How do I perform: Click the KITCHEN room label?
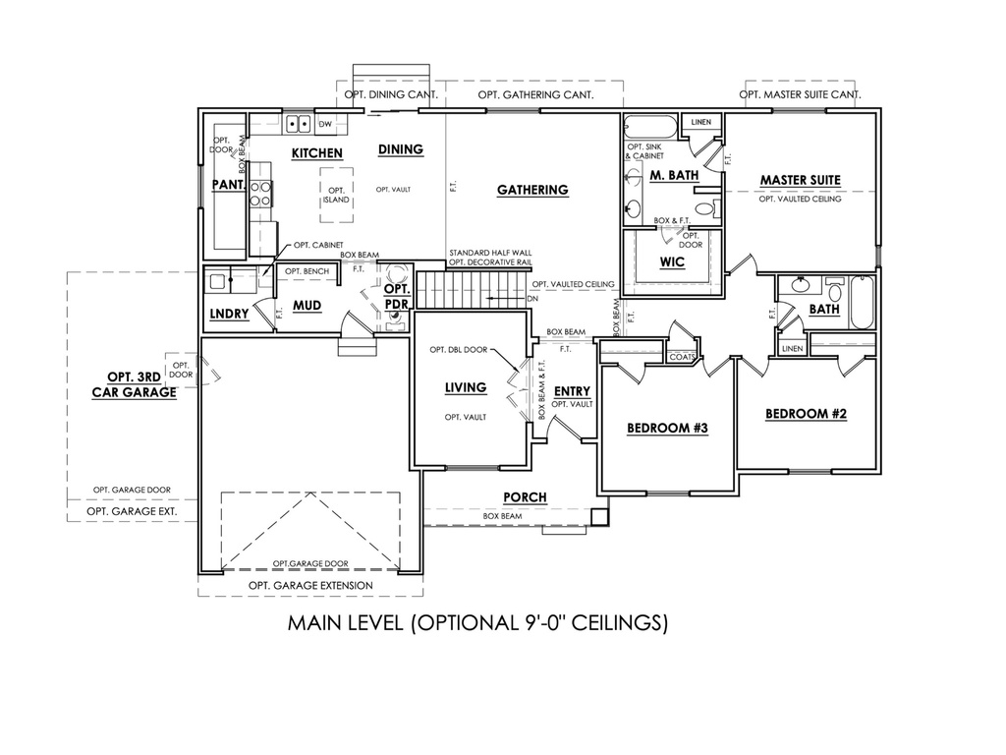tap(316, 153)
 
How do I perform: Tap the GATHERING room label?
tap(531, 190)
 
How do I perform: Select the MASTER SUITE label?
tap(800, 180)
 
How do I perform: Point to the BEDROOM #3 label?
tap(667, 429)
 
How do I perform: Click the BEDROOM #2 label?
tap(806, 414)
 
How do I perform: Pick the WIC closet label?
tap(672, 263)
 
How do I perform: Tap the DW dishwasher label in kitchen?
tap(326, 124)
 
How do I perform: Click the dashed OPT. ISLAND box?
tap(336, 195)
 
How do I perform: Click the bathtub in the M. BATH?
tap(650, 128)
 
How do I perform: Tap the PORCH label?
tap(525, 497)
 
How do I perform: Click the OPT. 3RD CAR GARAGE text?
tap(135, 383)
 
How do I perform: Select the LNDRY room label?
tap(228, 315)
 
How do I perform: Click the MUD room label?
tap(307, 306)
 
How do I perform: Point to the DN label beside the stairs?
tap(531, 298)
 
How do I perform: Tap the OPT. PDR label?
tap(396, 297)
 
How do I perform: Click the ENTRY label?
tap(572, 391)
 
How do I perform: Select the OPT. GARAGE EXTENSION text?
tap(310, 586)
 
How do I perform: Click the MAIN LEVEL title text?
tap(477, 622)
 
